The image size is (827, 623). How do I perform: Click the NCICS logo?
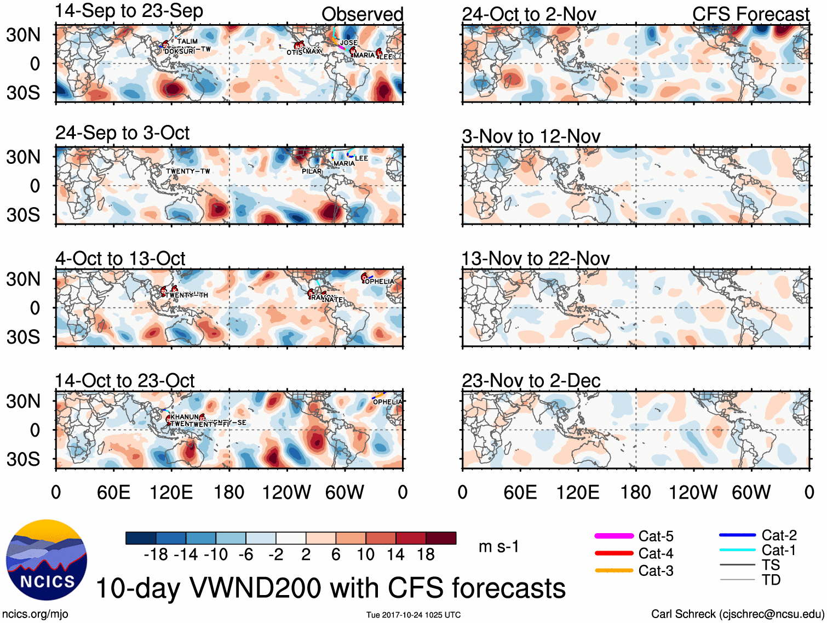pyautogui.click(x=47, y=559)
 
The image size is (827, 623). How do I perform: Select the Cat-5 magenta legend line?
pyautogui.click(x=614, y=536)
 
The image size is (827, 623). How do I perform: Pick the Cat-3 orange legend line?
pyautogui.click(x=614, y=570)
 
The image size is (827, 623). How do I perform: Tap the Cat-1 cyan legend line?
pyautogui.click(x=737, y=550)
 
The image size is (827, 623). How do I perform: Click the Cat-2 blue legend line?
pyautogui.click(x=737, y=535)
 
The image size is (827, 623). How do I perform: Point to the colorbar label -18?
pyautogui.click(x=156, y=555)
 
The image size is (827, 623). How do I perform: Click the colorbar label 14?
pyautogui.click(x=395, y=555)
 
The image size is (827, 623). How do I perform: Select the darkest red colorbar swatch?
pyautogui.click(x=441, y=538)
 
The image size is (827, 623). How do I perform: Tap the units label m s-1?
pyautogui.click(x=498, y=546)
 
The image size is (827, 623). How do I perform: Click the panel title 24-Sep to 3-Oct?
pyautogui.click(x=122, y=133)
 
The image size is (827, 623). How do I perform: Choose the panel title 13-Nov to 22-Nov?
pyautogui.click(x=535, y=259)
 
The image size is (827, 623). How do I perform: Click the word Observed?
pyautogui.click(x=362, y=14)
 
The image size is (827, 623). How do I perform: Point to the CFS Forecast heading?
pyautogui.click(x=750, y=14)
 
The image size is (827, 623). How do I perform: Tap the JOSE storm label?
pyautogui.click(x=349, y=43)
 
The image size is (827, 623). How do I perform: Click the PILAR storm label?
pyautogui.click(x=312, y=172)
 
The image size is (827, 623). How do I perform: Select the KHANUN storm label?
pyautogui.click(x=185, y=417)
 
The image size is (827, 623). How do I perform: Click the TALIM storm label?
pyautogui.click(x=187, y=41)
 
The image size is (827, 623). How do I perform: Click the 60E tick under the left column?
pyautogui.click(x=113, y=492)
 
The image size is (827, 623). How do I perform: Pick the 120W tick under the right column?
pyautogui.click(x=693, y=492)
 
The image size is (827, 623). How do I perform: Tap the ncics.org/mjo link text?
pyautogui.click(x=35, y=614)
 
